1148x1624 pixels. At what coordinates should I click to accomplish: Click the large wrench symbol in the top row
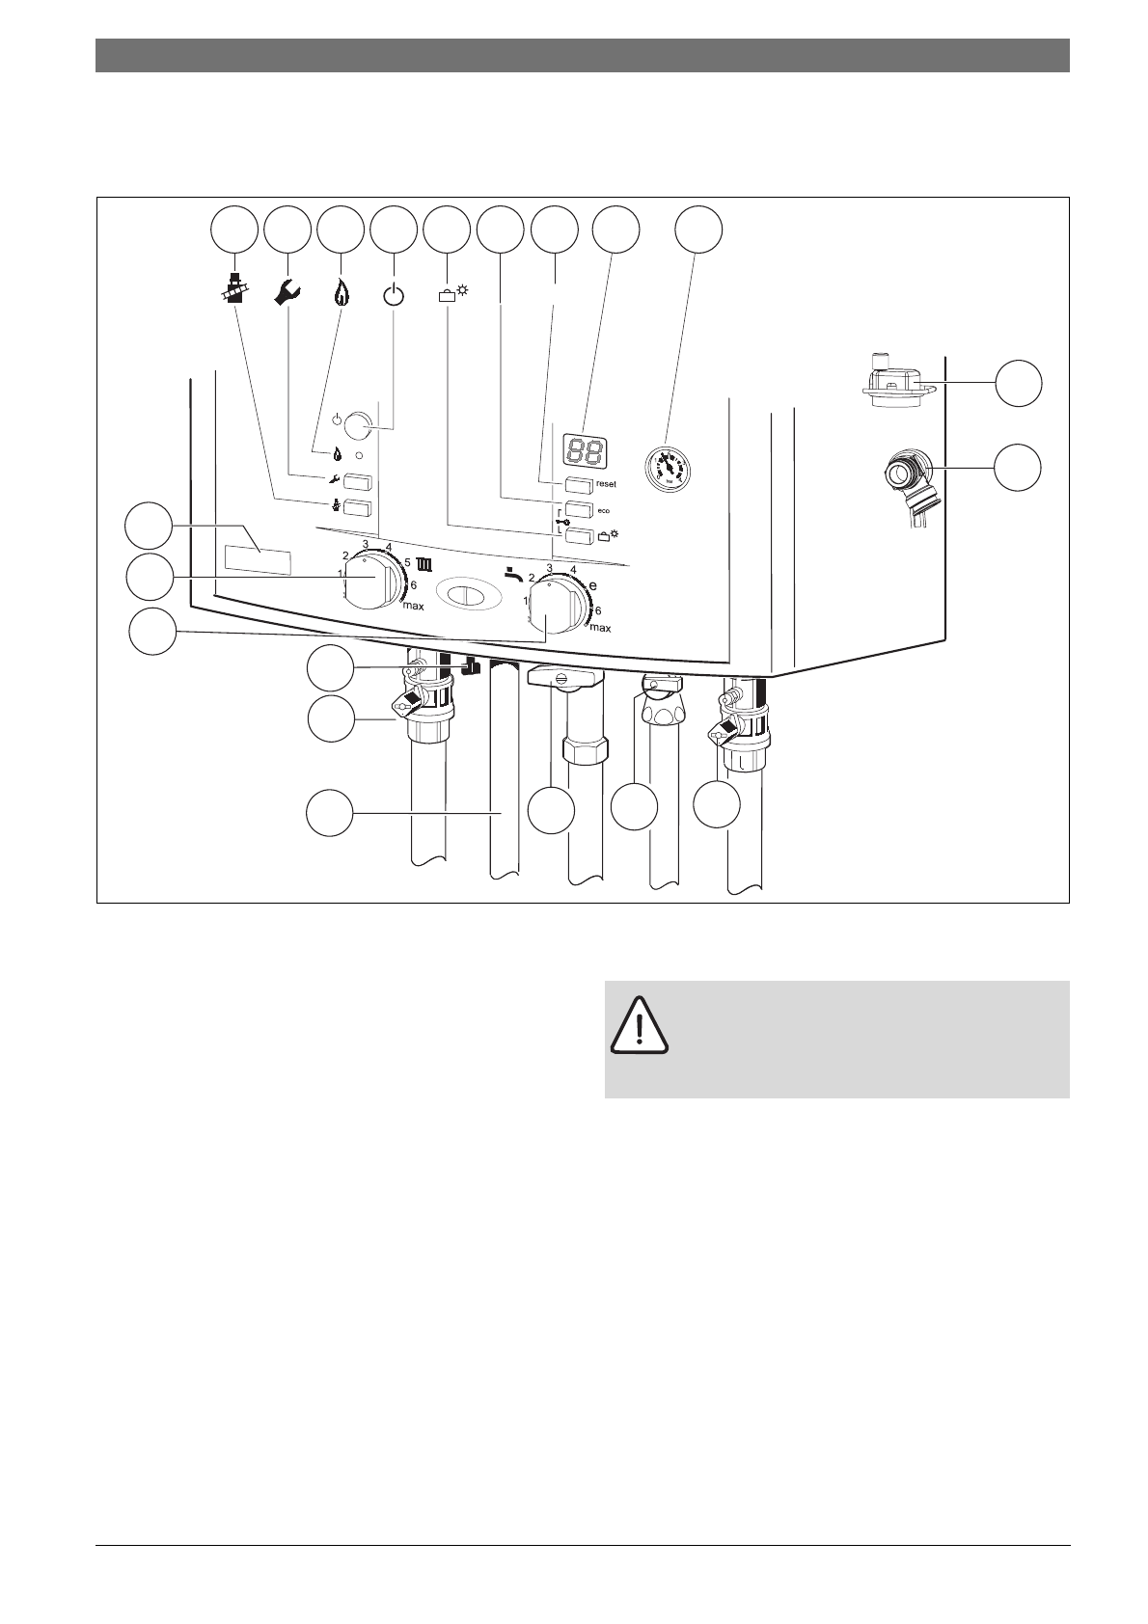(287, 291)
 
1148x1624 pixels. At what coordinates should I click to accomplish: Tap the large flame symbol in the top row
(340, 291)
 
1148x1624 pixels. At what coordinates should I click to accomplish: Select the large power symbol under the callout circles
(395, 293)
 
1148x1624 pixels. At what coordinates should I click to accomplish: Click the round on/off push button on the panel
(358, 421)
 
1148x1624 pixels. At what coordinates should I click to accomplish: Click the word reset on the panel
(606, 484)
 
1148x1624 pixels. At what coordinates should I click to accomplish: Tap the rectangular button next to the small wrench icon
(358, 482)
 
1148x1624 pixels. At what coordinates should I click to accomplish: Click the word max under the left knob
(413, 607)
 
